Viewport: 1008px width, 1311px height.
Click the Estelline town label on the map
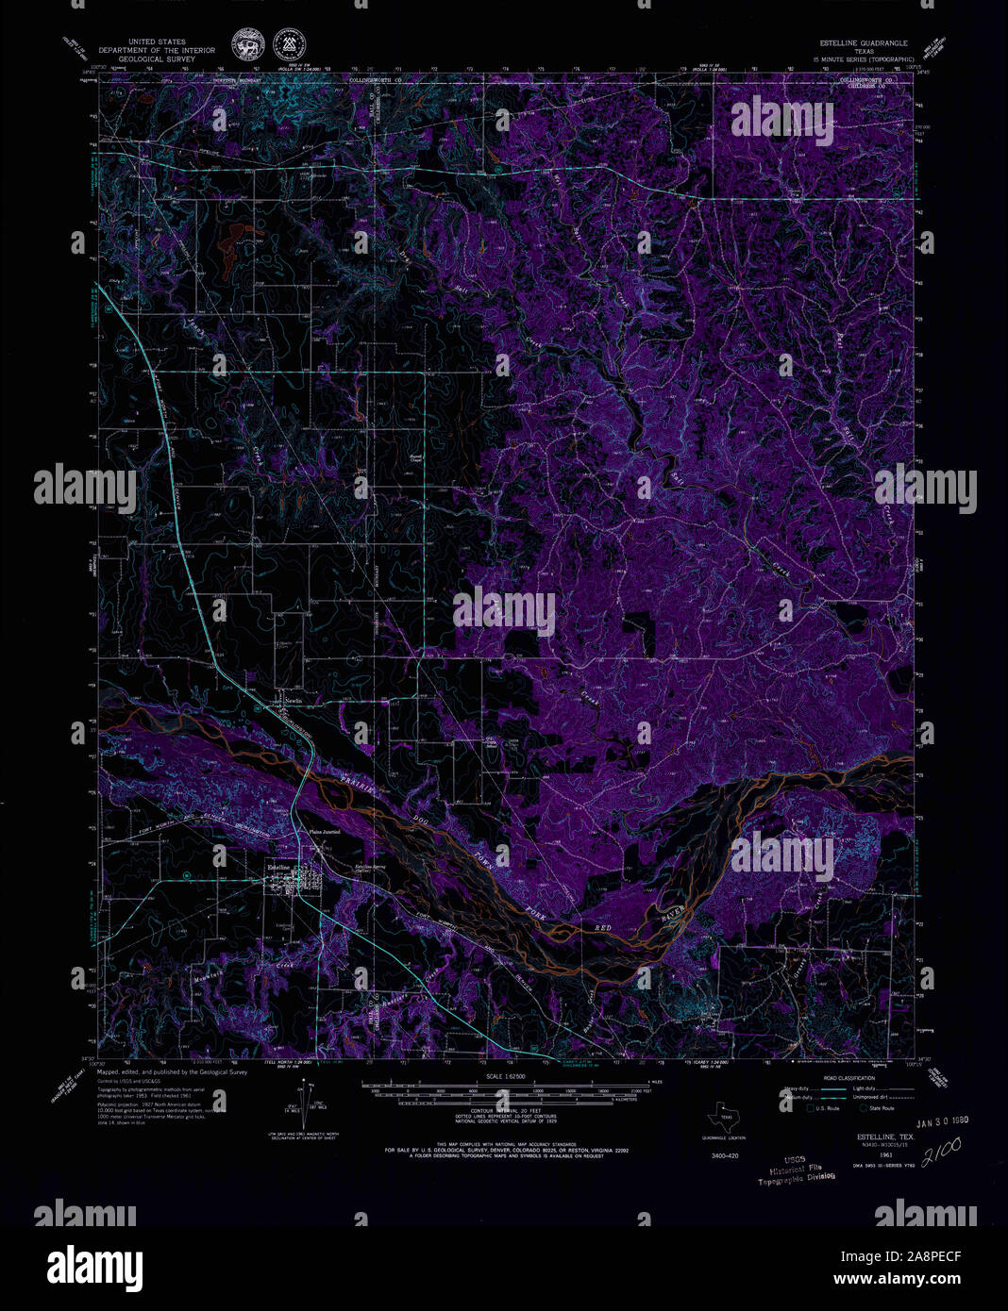(x=279, y=867)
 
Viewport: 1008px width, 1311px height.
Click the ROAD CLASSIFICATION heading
(x=848, y=1078)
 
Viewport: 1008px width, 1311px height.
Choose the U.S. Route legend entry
(x=824, y=1108)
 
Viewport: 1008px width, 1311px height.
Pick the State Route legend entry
(x=878, y=1108)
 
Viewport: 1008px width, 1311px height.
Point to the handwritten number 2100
(x=941, y=1148)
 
